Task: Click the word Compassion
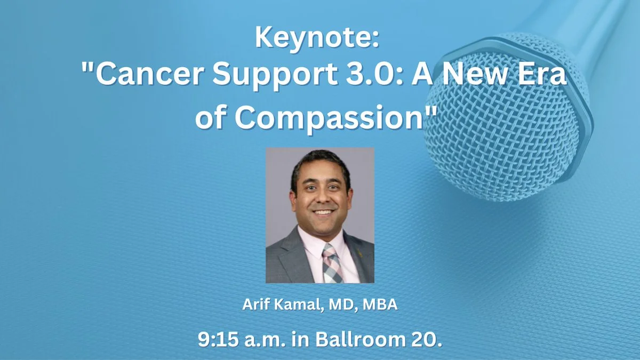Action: point(329,118)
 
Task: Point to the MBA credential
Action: point(380,305)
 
